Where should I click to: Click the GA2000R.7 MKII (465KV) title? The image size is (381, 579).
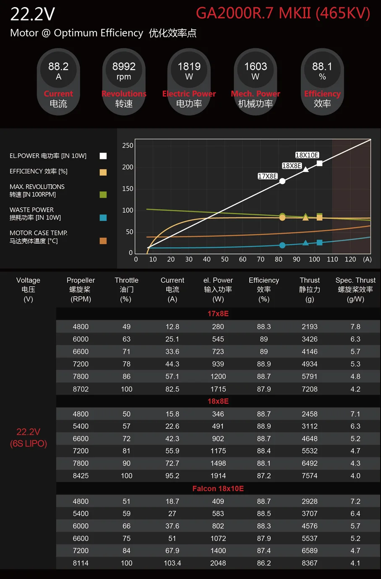(x=283, y=13)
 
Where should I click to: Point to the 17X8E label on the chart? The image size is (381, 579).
(x=267, y=176)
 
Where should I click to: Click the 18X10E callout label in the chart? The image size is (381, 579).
(x=307, y=155)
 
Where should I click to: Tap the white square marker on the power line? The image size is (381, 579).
(x=319, y=163)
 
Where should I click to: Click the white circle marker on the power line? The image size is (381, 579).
(x=282, y=181)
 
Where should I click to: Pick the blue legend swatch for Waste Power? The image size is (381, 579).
(x=103, y=218)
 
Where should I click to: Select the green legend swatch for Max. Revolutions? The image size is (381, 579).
(x=103, y=195)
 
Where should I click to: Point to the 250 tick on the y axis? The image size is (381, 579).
(x=128, y=146)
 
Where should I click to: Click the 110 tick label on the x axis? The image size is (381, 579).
(x=332, y=259)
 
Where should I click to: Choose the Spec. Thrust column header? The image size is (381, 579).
(x=355, y=289)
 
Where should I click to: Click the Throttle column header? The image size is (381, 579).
(x=126, y=289)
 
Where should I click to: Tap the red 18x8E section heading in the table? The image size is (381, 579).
(x=218, y=401)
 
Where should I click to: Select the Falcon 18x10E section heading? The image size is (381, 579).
(x=218, y=488)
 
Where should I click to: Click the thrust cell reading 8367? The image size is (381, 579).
(x=310, y=563)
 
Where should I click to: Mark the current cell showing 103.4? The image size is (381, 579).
(x=172, y=563)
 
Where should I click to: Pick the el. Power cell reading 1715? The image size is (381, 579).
(x=218, y=389)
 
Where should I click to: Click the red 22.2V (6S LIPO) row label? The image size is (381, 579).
(x=29, y=438)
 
